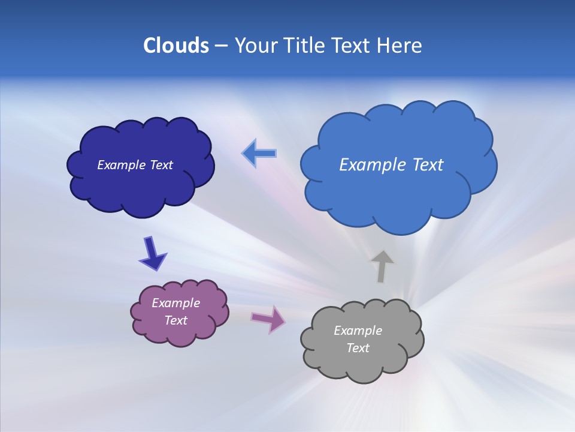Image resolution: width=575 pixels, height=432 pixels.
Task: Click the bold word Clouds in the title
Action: click(176, 46)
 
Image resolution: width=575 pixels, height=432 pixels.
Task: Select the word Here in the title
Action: click(400, 46)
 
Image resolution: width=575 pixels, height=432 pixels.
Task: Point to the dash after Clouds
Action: click(221, 46)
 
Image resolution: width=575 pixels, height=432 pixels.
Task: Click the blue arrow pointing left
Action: click(259, 153)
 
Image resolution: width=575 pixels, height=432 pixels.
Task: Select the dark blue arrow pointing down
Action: click(152, 254)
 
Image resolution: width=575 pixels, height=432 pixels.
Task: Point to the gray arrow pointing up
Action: click(382, 266)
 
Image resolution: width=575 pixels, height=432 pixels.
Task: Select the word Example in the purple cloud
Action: click(175, 303)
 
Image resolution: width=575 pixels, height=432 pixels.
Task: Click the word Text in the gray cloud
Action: click(358, 348)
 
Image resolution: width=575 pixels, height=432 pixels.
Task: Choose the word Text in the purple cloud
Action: click(175, 320)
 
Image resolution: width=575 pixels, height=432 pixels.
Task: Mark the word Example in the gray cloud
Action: click(358, 331)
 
